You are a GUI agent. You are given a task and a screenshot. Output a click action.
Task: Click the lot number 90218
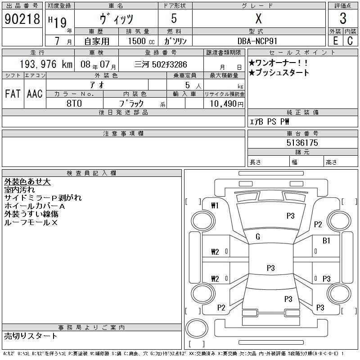pos(22,19)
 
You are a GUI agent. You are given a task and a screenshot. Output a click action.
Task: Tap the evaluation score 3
pos(343,19)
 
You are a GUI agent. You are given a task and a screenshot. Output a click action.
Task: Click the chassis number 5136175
pos(302,143)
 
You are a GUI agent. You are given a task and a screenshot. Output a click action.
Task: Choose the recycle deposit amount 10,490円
pos(224,103)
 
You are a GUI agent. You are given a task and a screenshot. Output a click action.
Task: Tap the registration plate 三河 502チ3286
pos(161,64)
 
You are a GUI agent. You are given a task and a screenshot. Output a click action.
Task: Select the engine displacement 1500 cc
pos(140,41)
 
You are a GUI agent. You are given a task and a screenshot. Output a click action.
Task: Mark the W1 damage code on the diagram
pos(215,206)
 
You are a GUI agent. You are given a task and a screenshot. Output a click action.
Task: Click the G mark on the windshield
pos(258,237)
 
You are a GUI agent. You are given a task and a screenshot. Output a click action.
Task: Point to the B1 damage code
pos(326,241)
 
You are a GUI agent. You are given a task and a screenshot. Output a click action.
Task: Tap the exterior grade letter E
pos(335,41)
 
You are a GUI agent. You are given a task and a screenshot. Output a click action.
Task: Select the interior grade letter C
pos(350,41)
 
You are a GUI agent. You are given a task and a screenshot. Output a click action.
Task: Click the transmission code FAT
pos(13,94)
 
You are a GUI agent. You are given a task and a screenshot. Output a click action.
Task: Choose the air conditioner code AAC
pos(35,94)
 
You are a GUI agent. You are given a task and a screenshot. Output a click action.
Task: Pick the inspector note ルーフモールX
pos(31,222)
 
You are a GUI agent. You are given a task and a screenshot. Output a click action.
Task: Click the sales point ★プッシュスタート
pos(279,73)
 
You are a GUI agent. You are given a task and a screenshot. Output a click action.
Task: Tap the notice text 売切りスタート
pos(31,336)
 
